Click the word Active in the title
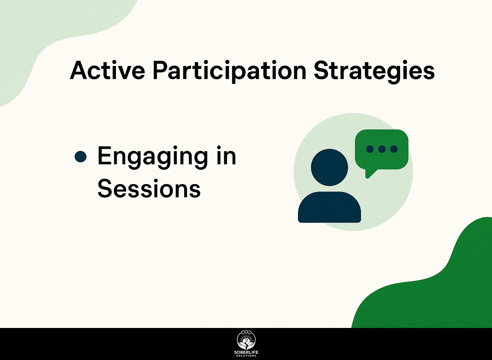tap(107, 70)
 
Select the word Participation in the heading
tap(229, 72)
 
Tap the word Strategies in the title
tap(374, 72)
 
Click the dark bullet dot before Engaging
tap(81, 157)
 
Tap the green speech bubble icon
tap(381, 151)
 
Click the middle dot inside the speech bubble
tap(382, 149)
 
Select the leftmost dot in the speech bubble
tap(370, 149)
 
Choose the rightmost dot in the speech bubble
tap(394, 149)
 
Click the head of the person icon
tap(330, 168)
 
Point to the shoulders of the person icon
tap(330, 207)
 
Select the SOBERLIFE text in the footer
tap(246, 353)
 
